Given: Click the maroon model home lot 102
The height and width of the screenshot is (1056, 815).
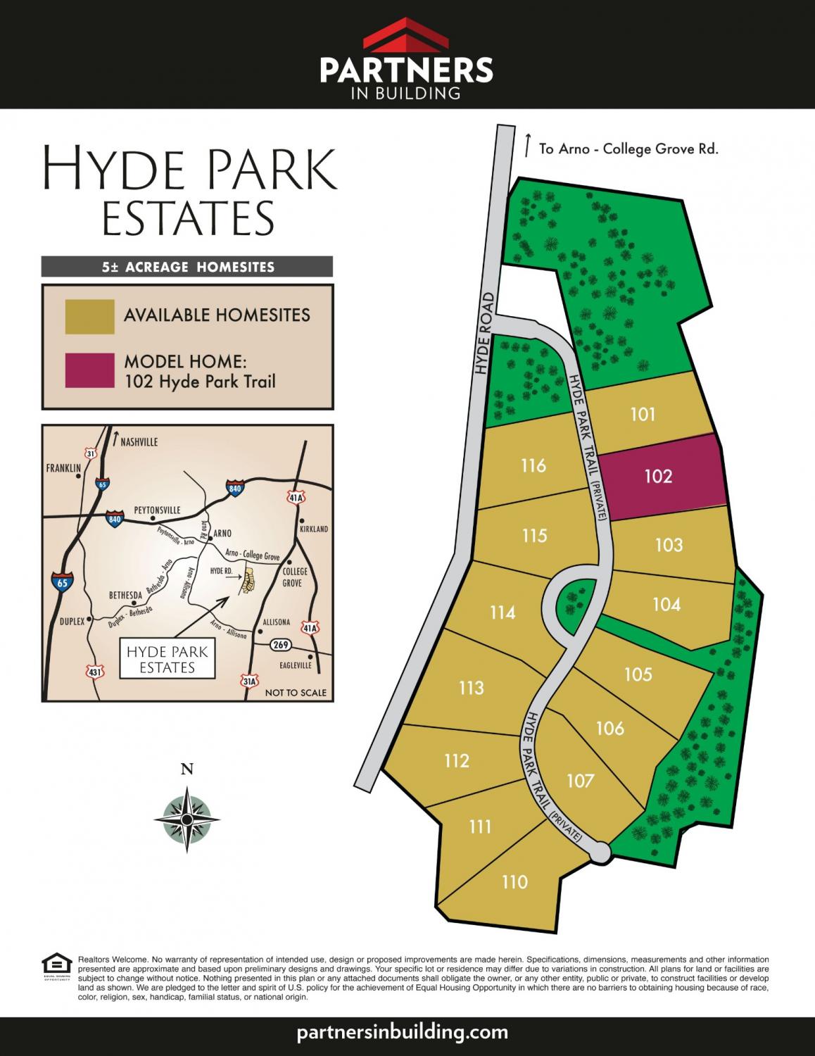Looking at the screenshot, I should [x=658, y=477].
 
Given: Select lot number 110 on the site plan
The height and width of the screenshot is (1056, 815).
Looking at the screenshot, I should [x=514, y=882].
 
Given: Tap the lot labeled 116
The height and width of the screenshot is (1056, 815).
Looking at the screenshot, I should [x=533, y=465].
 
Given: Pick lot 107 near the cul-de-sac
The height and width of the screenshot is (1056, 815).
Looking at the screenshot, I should [x=580, y=781].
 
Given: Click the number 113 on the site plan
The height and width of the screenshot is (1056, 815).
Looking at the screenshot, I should [x=471, y=687].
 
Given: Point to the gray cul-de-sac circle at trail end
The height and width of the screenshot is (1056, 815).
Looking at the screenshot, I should [x=600, y=852].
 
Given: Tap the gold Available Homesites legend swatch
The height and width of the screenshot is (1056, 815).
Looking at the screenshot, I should [x=89, y=316].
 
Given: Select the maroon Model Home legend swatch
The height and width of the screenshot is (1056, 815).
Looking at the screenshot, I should [x=89, y=370].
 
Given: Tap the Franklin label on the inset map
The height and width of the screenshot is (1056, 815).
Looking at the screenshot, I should [x=63, y=468].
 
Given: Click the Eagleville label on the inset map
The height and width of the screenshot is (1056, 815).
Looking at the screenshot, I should [x=294, y=665].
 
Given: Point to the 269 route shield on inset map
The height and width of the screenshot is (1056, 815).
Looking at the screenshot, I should [x=281, y=644].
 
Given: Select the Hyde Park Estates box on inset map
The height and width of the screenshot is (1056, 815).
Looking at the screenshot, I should [x=167, y=660].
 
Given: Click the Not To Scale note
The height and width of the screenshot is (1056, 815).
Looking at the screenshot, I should [x=296, y=693].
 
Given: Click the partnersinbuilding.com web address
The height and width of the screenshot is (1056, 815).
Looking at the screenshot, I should [x=403, y=1033].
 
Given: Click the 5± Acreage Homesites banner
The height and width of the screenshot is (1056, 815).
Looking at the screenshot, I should [x=187, y=267].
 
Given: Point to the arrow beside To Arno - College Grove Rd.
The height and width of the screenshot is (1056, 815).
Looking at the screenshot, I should [x=527, y=144].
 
